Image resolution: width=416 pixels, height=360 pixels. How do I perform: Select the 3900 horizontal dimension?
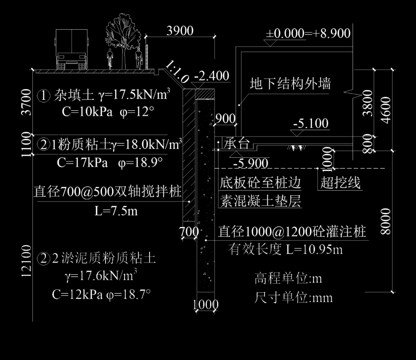[180, 31]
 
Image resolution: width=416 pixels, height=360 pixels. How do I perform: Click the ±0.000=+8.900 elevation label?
[308, 34]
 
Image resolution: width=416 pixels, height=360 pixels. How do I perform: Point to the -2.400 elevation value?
[211, 76]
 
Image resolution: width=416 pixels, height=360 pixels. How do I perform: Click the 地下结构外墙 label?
[290, 83]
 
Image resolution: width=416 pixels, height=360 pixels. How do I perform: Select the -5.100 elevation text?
[310, 124]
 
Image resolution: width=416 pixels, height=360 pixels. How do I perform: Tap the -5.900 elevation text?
[251, 163]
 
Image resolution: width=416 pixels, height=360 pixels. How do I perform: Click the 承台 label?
[237, 144]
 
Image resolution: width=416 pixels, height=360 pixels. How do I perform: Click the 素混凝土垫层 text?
[260, 201]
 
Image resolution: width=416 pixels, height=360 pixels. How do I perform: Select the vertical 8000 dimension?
[385, 221]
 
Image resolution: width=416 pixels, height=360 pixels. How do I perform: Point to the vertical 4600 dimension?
[385, 110]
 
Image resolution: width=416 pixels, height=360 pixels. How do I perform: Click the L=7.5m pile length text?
[116, 211]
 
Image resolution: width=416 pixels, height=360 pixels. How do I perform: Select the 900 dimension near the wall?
[225, 119]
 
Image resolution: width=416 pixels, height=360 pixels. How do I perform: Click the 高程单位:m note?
[288, 278]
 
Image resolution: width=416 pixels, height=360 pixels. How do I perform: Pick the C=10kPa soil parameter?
[87, 112]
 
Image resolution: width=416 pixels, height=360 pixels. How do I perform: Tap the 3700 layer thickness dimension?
[27, 102]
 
